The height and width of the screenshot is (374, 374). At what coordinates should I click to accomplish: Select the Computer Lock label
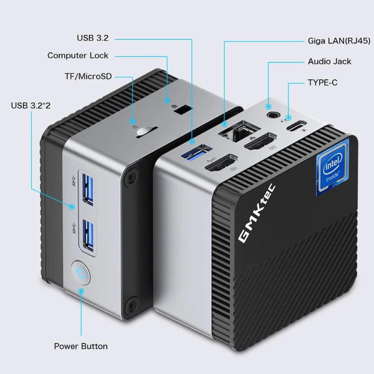[77, 55]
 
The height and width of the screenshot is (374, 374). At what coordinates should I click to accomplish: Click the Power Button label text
[80, 346]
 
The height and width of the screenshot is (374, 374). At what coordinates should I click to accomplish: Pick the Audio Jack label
[329, 62]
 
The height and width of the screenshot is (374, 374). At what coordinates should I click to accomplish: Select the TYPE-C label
[322, 82]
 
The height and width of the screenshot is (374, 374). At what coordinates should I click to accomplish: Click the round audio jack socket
[271, 113]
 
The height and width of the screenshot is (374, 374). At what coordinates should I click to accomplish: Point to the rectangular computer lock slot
[183, 110]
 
